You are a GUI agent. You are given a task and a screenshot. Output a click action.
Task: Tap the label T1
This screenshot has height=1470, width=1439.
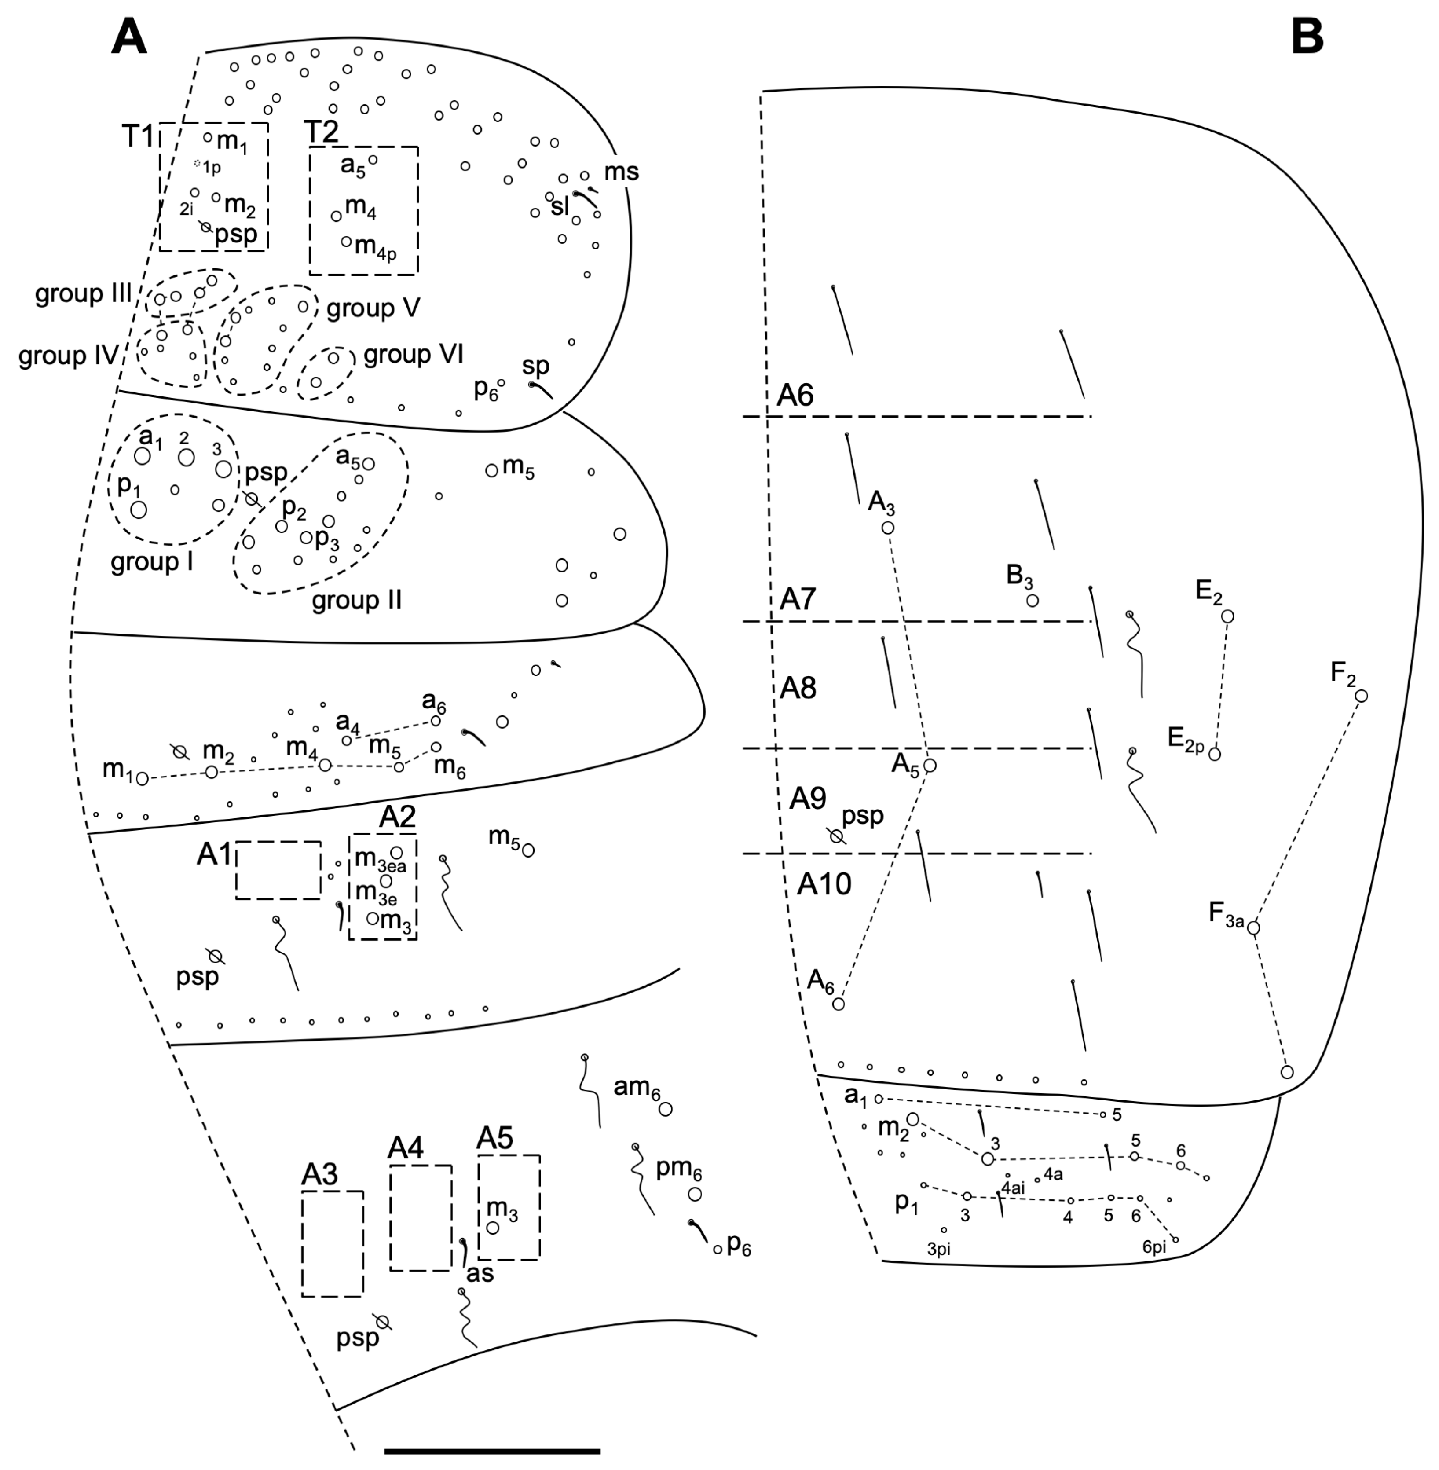(138, 137)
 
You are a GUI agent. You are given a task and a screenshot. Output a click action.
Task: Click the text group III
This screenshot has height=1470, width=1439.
(84, 294)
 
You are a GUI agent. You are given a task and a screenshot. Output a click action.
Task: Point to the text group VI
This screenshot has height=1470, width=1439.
(414, 355)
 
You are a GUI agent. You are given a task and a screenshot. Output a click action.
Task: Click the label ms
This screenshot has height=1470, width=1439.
(621, 172)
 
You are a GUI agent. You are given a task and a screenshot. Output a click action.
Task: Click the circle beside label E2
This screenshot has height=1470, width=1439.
(1227, 617)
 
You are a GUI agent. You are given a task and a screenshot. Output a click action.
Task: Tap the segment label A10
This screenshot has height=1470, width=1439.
(824, 883)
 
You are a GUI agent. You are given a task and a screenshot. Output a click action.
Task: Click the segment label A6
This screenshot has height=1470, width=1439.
(795, 395)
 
